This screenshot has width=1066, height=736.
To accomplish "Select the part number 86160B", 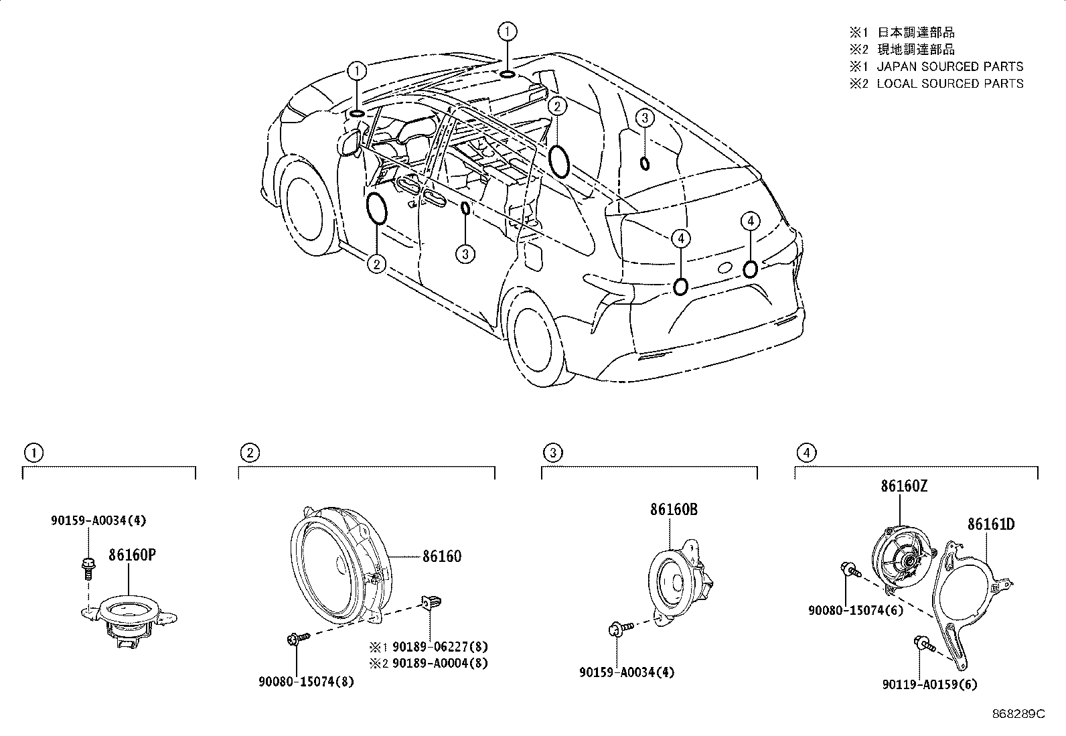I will [673, 510].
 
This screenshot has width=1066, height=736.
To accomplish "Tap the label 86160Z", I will [904, 487].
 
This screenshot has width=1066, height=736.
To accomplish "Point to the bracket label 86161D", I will [990, 524].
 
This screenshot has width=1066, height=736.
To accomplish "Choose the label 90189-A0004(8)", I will [440, 663].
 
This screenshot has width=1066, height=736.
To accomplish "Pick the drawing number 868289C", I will [1018, 714].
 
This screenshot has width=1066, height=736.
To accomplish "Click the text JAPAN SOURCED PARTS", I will [949, 66].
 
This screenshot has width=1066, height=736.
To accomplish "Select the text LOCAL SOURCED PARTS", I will [949, 83].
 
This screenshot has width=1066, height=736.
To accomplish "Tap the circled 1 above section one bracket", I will [33, 453].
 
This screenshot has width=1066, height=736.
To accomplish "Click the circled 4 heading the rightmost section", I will [806, 453].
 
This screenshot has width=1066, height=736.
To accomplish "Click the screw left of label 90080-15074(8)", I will [295, 640].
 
